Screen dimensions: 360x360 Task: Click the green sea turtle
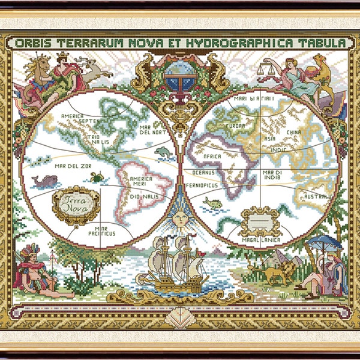coord(97,176)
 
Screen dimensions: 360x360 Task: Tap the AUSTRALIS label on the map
coord(317,196)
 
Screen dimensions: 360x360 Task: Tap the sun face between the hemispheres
coord(179,214)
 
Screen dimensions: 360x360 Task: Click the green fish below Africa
coord(213,203)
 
